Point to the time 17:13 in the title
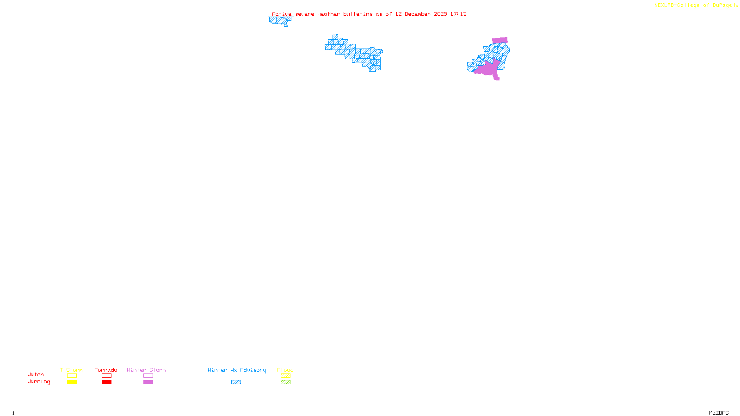pos(458,14)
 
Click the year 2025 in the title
pos(441,14)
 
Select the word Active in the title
pos(282,14)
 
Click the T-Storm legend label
pos(71,370)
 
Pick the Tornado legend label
pos(106,370)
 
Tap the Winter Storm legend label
pos(146,370)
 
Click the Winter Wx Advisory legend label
pos(237,370)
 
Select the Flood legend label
pos(285,370)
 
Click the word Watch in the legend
pos(36,375)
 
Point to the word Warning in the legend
pos(39,382)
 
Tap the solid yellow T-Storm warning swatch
pos(72,382)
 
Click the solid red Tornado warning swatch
pos(106,382)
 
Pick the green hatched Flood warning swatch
pos(285,382)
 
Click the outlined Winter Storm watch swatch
pos(148,376)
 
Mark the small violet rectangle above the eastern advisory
pos(500,40)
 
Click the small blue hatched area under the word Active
pos(279,20)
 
